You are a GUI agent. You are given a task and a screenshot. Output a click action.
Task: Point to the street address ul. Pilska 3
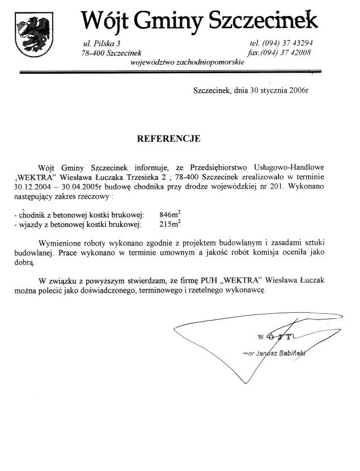(102, 43)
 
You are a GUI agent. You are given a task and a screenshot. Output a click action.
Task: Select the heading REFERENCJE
(168, 138)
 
